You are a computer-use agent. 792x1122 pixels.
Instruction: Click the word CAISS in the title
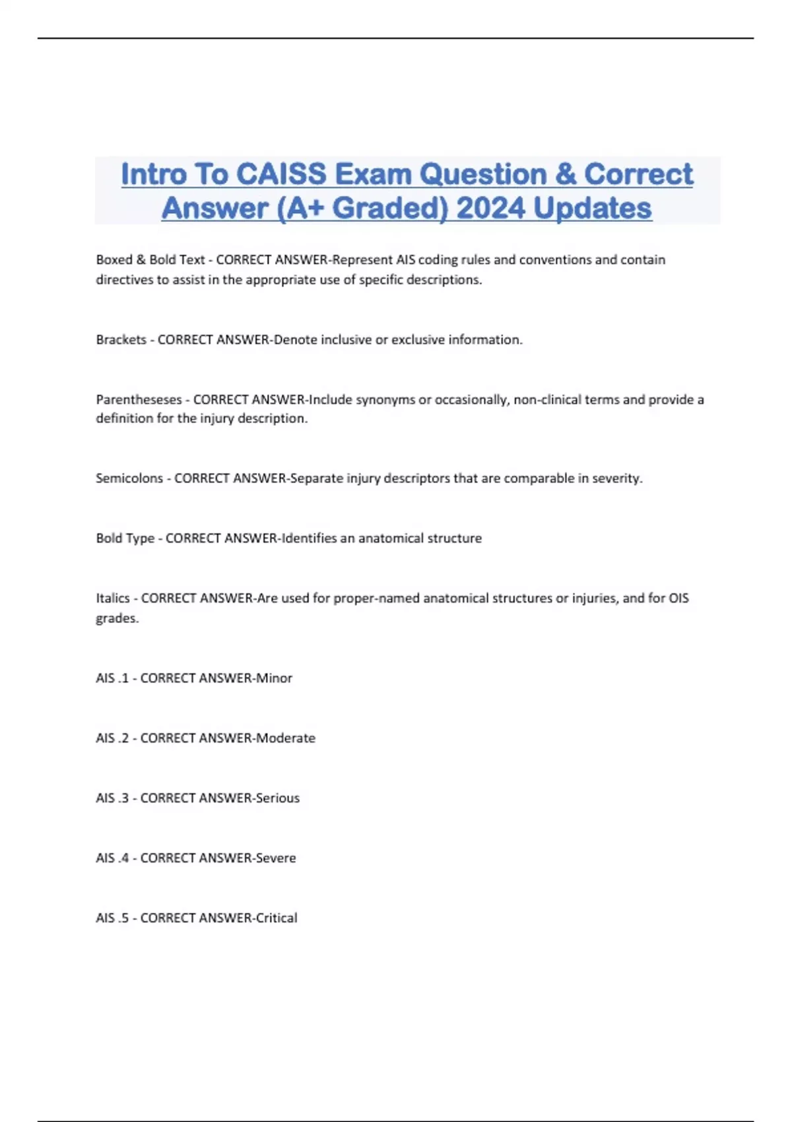[x=281, y=174]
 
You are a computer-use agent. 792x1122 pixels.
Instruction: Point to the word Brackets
[x=121, y=340]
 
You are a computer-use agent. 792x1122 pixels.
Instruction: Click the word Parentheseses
[x=139, y=400]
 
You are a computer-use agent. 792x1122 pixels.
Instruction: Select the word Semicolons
[x=129, y=478]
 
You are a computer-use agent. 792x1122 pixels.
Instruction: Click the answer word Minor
[x=274, y=678]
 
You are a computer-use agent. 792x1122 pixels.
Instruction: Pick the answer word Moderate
[x=286, y=739]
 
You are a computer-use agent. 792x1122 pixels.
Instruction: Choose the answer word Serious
[x=278, y=799]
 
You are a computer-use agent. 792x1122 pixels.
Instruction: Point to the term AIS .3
[x=112, y=799]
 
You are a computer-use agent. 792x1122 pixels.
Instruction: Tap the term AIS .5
[x=112, y=919]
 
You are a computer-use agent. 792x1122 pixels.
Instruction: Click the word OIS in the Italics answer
[x=678, y=599]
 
